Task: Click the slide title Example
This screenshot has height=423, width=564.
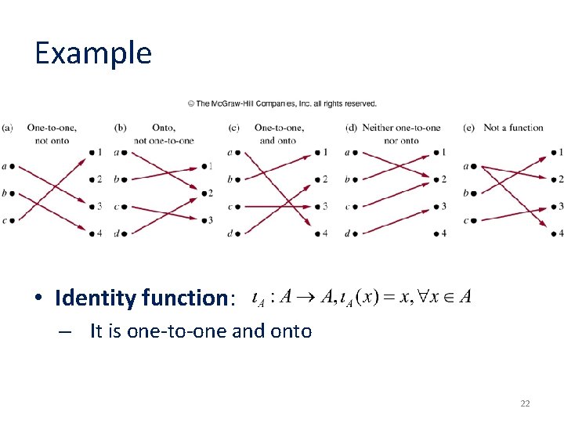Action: coord(92,53)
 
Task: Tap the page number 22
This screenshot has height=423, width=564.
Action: coord(525,403)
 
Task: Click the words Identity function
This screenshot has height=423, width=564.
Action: coord(143,298)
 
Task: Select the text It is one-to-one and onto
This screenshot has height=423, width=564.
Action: coord(201,331)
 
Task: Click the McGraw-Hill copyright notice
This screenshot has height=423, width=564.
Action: coord(282,103)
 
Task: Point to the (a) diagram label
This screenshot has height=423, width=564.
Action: coord(7,128)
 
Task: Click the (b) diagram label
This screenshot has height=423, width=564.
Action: coord(120,128)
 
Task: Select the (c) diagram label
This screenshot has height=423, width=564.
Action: coord(234,128)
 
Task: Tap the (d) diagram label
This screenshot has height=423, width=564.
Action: coord(350,128)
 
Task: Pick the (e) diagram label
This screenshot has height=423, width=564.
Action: coord(468,128)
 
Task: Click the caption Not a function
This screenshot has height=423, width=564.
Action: coord(513,128)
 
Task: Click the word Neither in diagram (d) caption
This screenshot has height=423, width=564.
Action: coord(378,128)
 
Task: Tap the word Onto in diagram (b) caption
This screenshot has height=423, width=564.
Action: coord(164,128)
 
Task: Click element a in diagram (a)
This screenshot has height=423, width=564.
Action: coord(5,166)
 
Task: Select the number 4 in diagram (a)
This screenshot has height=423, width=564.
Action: coord(99,233)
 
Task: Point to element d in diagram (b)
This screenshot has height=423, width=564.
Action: coord(116,233)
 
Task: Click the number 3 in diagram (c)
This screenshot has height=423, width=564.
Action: coord(325,207)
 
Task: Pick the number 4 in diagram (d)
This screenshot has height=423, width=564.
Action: coord(443,233)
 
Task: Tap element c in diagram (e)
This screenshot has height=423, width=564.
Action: coord(466,220)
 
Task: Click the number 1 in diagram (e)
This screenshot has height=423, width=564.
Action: coord(561,152)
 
